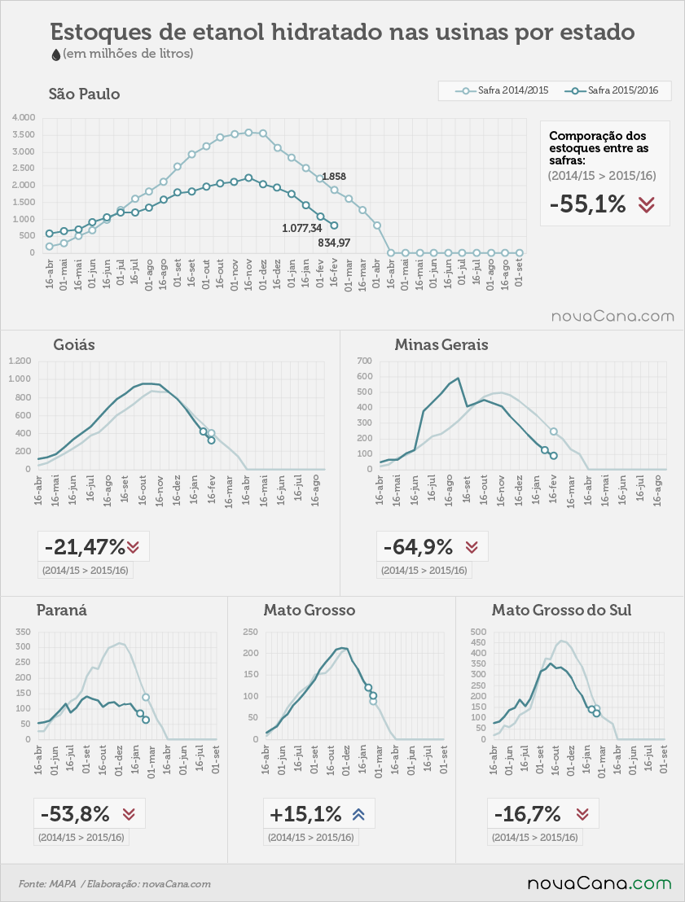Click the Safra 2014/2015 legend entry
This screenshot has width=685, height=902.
click(502, 90)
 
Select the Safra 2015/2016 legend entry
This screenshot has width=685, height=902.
click(612, 90)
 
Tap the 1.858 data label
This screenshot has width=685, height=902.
click(334, 177)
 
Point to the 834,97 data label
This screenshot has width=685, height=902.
click(334, 243)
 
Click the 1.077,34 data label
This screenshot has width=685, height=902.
click(301, 229)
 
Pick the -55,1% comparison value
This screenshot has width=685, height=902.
click(588, 204)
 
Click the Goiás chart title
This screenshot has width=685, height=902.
click(74, 344)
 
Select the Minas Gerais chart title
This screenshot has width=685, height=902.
click(441, 344)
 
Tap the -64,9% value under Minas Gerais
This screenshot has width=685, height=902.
click(418, 546)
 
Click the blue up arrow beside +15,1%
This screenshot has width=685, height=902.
click(358, 814)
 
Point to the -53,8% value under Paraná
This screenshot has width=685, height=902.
click(75, 814)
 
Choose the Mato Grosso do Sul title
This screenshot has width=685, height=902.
click(561, 610)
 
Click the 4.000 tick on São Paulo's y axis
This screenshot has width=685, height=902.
click(24, 117)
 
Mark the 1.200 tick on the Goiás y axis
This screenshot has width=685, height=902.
click(20, 361)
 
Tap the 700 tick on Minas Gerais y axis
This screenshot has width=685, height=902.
click(365, 361)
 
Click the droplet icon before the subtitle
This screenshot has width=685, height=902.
click(56, 55)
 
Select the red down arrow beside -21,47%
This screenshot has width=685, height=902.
click(133, 546)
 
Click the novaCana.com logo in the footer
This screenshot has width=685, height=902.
click(599, 883)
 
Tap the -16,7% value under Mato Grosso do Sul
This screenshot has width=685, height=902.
click(527, 814)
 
